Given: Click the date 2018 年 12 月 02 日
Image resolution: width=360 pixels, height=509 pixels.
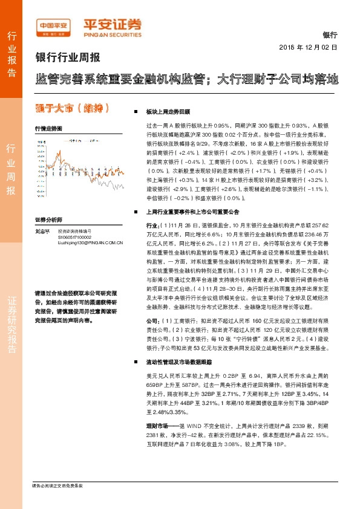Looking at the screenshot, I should tap(308, 47).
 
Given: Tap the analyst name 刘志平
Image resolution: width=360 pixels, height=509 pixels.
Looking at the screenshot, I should tap(42, 231).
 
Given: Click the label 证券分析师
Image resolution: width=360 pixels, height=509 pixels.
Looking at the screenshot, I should tap(48, 220).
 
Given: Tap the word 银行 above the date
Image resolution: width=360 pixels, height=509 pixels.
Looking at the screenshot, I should tap(330, 36).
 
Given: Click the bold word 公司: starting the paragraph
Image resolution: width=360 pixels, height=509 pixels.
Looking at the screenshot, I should tap(153, 320).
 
